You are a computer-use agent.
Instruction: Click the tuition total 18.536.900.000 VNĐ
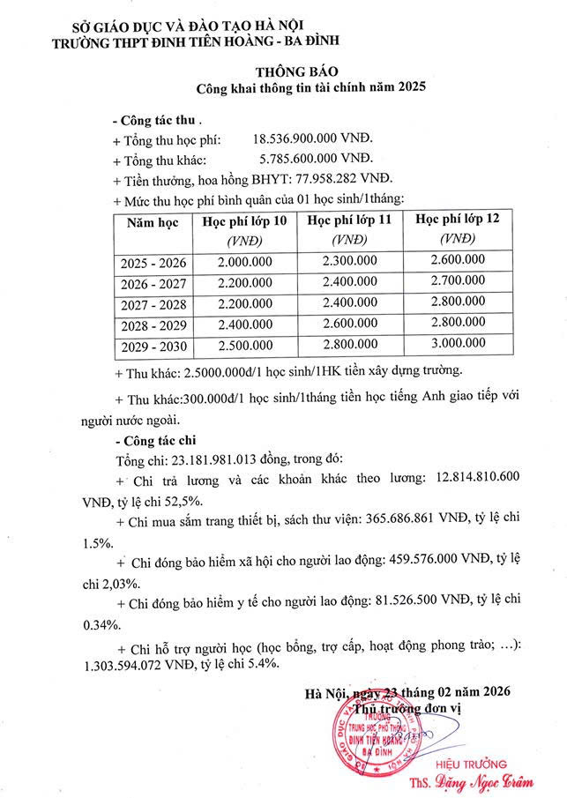(312, 139)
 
